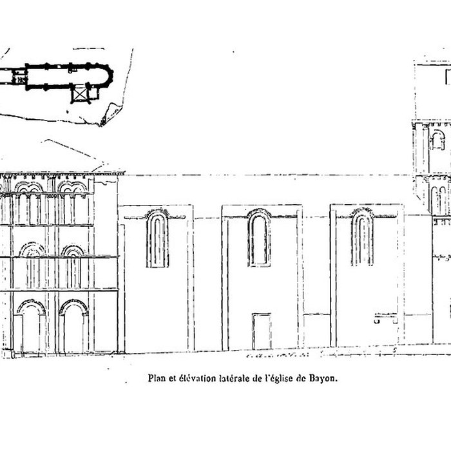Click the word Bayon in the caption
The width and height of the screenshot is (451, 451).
324,379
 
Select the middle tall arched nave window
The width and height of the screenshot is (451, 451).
259,238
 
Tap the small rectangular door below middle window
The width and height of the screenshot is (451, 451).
262,331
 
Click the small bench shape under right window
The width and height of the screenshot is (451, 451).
385,317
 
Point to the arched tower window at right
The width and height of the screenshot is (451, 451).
437,140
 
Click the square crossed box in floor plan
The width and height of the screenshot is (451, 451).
80,95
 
